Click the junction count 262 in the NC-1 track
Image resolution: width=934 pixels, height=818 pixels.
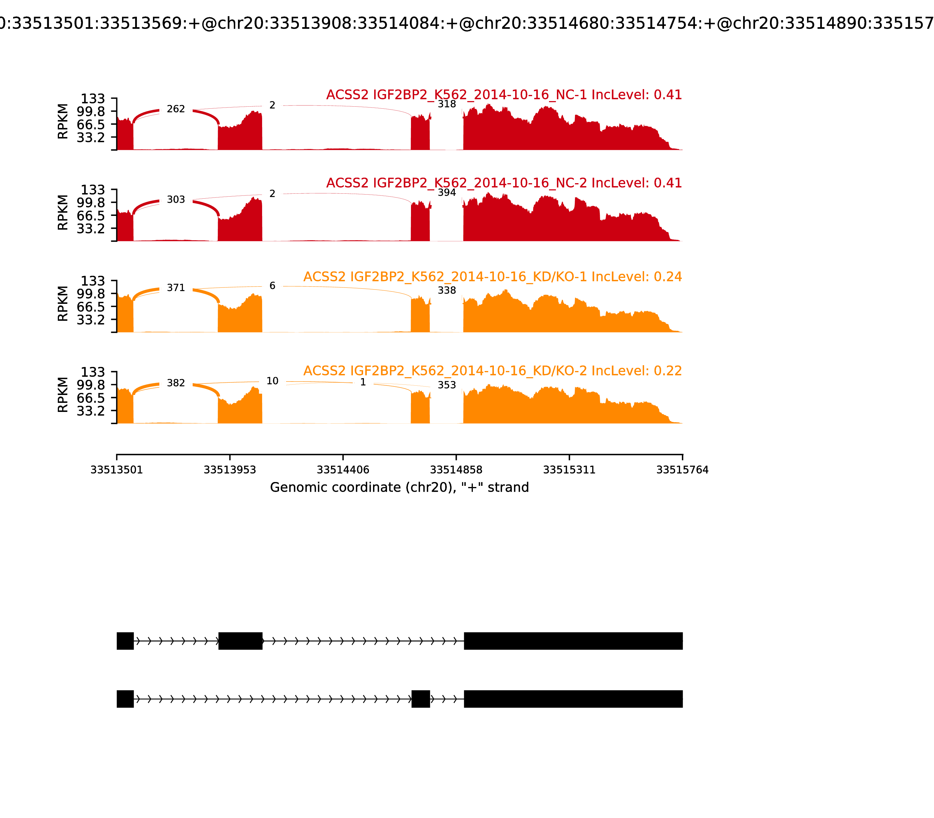(x=176, y=109)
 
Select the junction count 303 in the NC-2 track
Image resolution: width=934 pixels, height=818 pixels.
(x=176, y=200)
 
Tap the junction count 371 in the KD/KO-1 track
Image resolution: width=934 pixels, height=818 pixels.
(x=176, y=287)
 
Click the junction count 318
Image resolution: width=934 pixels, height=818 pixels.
(x=447, y=104)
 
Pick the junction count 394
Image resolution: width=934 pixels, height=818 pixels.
(x=447, y=193)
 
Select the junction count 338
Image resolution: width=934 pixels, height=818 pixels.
(x=447, y=290)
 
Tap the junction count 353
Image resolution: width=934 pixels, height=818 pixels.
(x=447, y=385)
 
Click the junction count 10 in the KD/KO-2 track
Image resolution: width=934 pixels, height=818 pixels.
(x=272, y=381)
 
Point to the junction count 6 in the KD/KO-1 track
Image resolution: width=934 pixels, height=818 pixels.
(x=272, y=286)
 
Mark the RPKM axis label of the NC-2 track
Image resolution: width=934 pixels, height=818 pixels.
(x=63, y=212)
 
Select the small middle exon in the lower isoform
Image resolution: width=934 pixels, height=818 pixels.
(x=421, y=699)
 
